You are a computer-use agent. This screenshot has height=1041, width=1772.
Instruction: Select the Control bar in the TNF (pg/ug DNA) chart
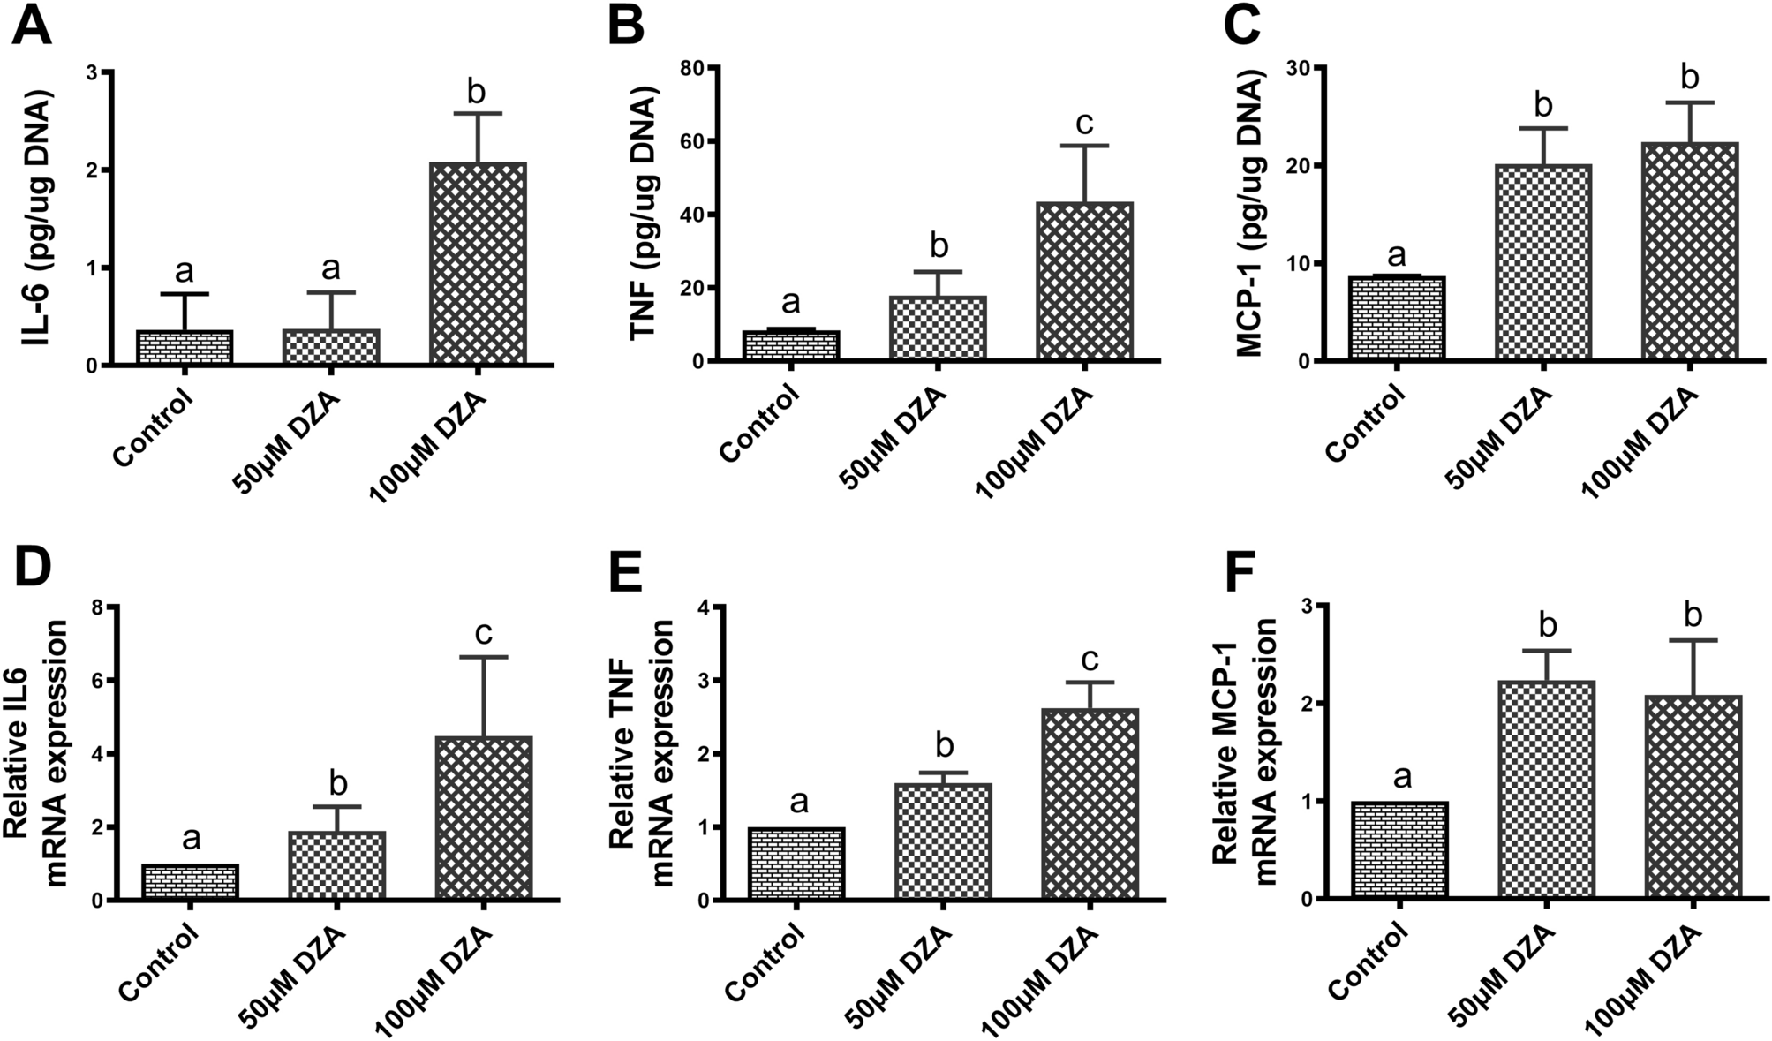coord(791,345)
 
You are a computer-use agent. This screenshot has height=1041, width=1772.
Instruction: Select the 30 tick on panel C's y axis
coord(1298,68)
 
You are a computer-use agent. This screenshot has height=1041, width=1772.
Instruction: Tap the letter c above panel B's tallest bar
coord(1085,123)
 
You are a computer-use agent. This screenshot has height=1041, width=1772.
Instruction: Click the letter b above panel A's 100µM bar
coord(477,91)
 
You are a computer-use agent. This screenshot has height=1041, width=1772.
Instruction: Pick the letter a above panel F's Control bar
coord(1400,777)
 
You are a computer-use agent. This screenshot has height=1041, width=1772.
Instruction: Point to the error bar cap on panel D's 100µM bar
coord(483,657)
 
